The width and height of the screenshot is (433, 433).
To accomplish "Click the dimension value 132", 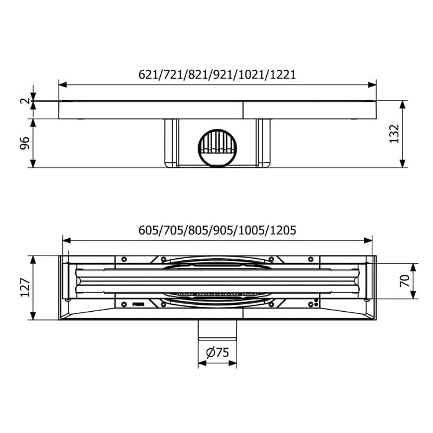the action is (395, 134).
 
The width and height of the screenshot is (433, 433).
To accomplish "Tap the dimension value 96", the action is (25, 143).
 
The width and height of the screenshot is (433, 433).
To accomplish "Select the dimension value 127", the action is (25, 287).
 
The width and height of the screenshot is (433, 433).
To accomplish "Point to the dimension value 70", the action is (405, 281).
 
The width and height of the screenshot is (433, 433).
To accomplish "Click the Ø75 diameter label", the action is (218, 352).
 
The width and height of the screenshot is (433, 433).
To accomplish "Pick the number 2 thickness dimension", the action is (25, 101).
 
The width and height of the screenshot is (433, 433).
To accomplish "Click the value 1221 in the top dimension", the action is (283, 75).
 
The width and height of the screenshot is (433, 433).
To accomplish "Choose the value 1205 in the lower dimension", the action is (283, 231).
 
